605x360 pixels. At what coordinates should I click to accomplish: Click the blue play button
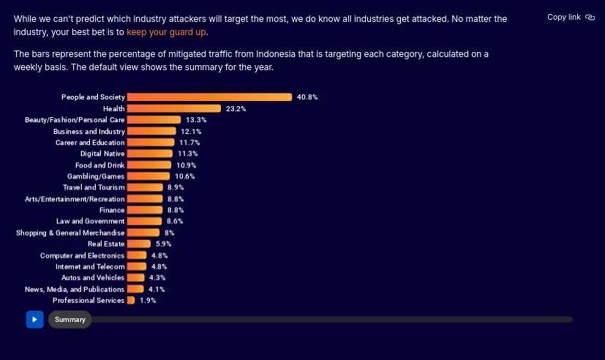[34, 320]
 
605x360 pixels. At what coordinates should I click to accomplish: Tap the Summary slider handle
[69, 320]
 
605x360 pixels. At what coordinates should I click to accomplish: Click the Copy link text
[564, 17]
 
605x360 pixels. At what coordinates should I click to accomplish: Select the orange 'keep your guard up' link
[166, 32]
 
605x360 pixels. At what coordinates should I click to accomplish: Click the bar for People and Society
[209, 97]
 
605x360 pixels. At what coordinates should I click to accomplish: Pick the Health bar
[174, 108]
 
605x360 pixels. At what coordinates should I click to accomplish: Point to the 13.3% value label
[196, 120]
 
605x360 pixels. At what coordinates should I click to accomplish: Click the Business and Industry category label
[89, 132]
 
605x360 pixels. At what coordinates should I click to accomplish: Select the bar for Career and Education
[151, 143]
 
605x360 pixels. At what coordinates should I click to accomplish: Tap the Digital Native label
[102, 154]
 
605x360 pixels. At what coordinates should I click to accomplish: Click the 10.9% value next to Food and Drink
[187, 165]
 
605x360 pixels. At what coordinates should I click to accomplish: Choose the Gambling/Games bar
[149, 176]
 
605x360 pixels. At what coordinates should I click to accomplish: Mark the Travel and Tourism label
[94, 187]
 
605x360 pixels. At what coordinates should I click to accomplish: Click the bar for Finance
[145, 210]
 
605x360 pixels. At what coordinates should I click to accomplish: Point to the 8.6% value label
[175, 222]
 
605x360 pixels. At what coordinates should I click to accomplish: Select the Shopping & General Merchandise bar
[143, 233]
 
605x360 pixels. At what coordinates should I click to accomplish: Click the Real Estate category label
[106, 244]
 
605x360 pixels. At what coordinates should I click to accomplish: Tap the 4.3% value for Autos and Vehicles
[157, 278]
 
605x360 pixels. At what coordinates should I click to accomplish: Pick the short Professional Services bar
[131, 300]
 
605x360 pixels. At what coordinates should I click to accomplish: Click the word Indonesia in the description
[276, 54]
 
